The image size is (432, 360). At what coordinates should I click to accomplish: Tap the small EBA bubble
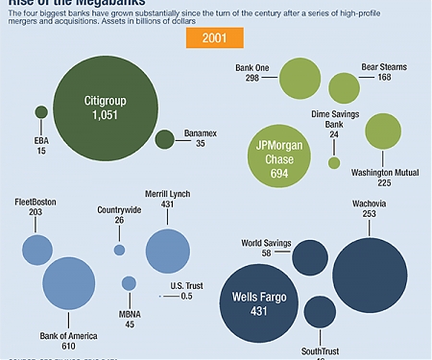pos(41,112)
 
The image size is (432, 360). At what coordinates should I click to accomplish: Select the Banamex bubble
pos(164,140)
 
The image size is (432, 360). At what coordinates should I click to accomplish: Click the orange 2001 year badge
pos(214,38)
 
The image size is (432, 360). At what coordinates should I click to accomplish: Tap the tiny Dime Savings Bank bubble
pos(334,162)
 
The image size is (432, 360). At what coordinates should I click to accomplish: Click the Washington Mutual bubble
pos(382,133)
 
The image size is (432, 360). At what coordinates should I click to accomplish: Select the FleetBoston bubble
pos(36,250)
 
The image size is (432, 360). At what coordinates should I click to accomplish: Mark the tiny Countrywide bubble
pos(119,250)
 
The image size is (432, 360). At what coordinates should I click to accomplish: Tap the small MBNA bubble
pos(129,283)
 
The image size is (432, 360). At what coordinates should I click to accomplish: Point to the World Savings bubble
pos(309,256)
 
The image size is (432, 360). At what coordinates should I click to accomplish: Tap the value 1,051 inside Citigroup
pos(106,115)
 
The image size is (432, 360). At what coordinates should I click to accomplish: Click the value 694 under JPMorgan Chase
pos(279,172)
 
